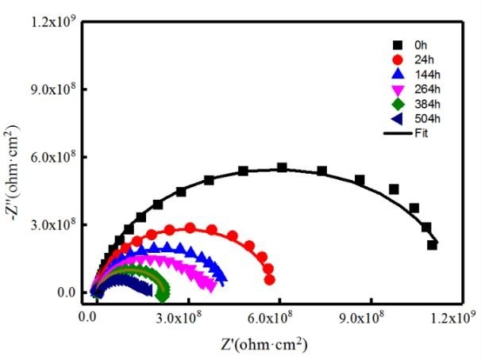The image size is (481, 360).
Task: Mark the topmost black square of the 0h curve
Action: pyautogui.click(x=282, y=168)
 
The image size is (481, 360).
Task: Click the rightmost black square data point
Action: pyautogui.click(x=433, y=245)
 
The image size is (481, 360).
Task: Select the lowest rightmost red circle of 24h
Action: pyautogui.click(x=270, y=280)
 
